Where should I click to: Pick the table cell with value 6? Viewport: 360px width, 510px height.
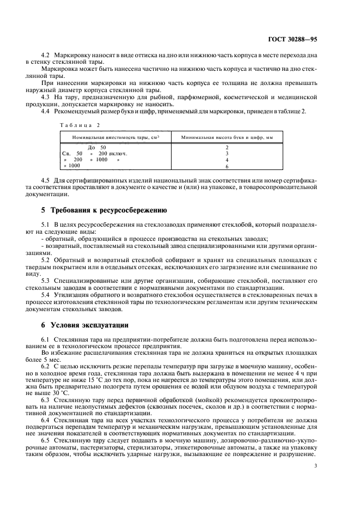[x=227, y=166]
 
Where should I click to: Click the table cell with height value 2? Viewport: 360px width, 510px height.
[x=227, y=147]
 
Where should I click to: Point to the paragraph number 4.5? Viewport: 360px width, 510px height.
[x=46, y=180]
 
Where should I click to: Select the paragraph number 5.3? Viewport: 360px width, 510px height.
[x=46, y=280]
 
